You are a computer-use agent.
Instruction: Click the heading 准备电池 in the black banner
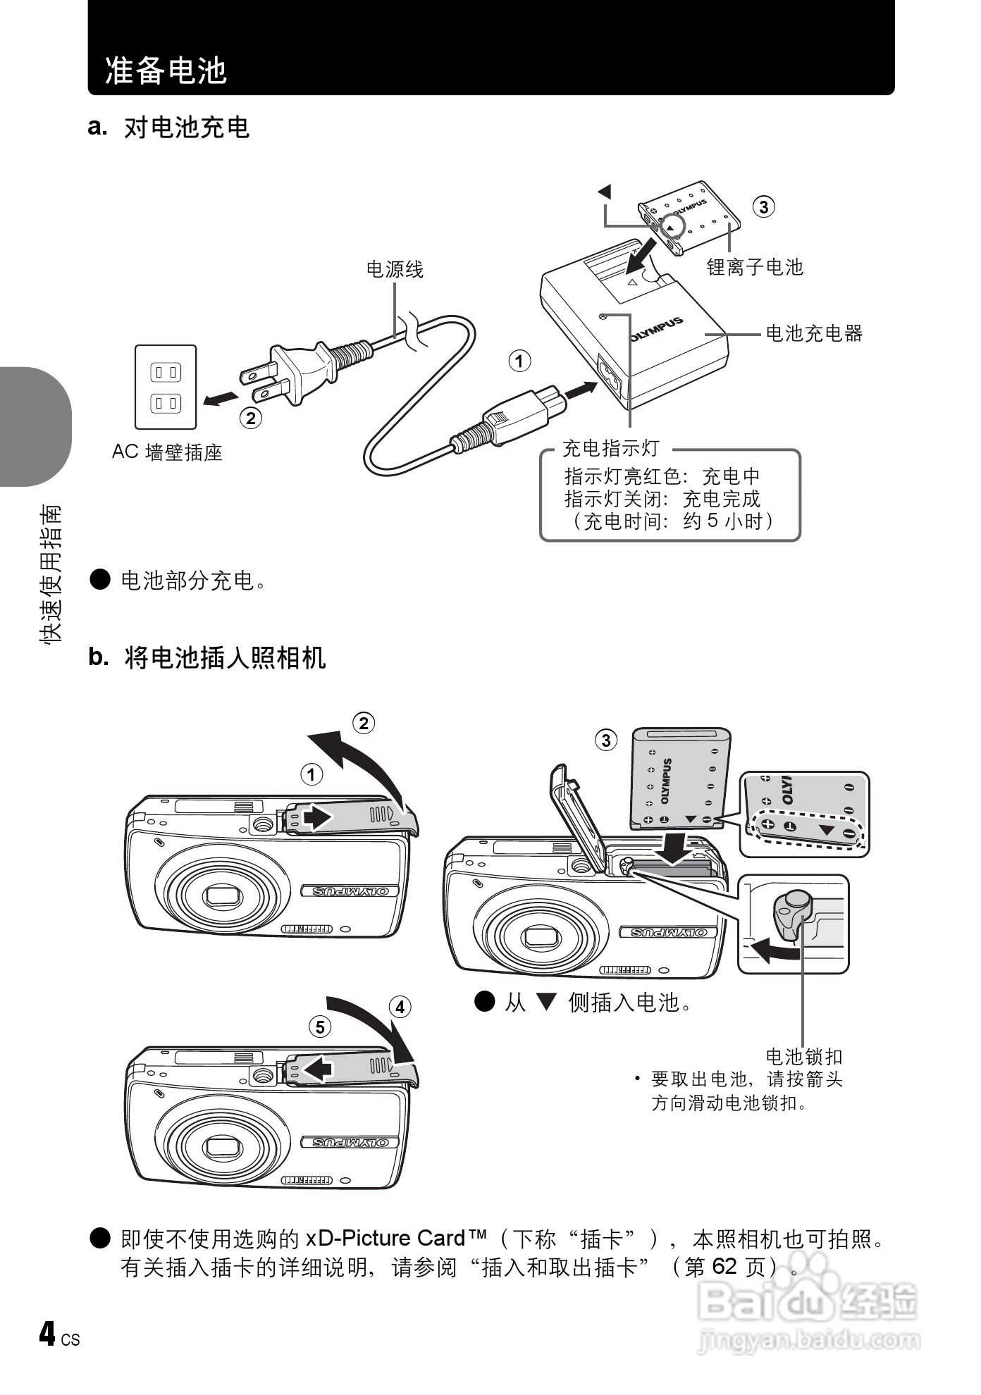pyautogui.click(x=166, y=70)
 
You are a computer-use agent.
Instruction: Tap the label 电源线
pyautogui.click(x=395, y=269)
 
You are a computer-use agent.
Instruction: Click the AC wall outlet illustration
pyautogui.click(x=166, y=387)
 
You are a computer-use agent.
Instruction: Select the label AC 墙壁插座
pyautogui.click(x=167, y=452)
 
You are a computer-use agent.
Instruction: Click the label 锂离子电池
pyautogui.click(x=755, y=267)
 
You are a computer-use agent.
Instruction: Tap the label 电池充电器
pyautogui.click(x=814, y=333)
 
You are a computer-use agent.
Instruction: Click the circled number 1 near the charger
pyautogui.click(x=519, y=361)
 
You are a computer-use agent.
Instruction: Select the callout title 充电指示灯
pyautogui.click(x=610, y=448)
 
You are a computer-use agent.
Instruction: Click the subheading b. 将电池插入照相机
pyautogui.click(x=207, y=657)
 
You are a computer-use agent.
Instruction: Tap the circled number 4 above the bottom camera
pyautogui.click(x=400, y=1007)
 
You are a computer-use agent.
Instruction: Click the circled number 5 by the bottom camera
pyautogui.click(x=320, y=1027)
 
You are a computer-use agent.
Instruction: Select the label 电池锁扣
pyautogui.click(x=804, y=1057)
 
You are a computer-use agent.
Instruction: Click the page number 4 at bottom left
pyautogui.click(x=47, y=1334)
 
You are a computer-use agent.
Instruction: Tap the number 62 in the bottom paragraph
pyautogui.click(x=724, y=1266)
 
